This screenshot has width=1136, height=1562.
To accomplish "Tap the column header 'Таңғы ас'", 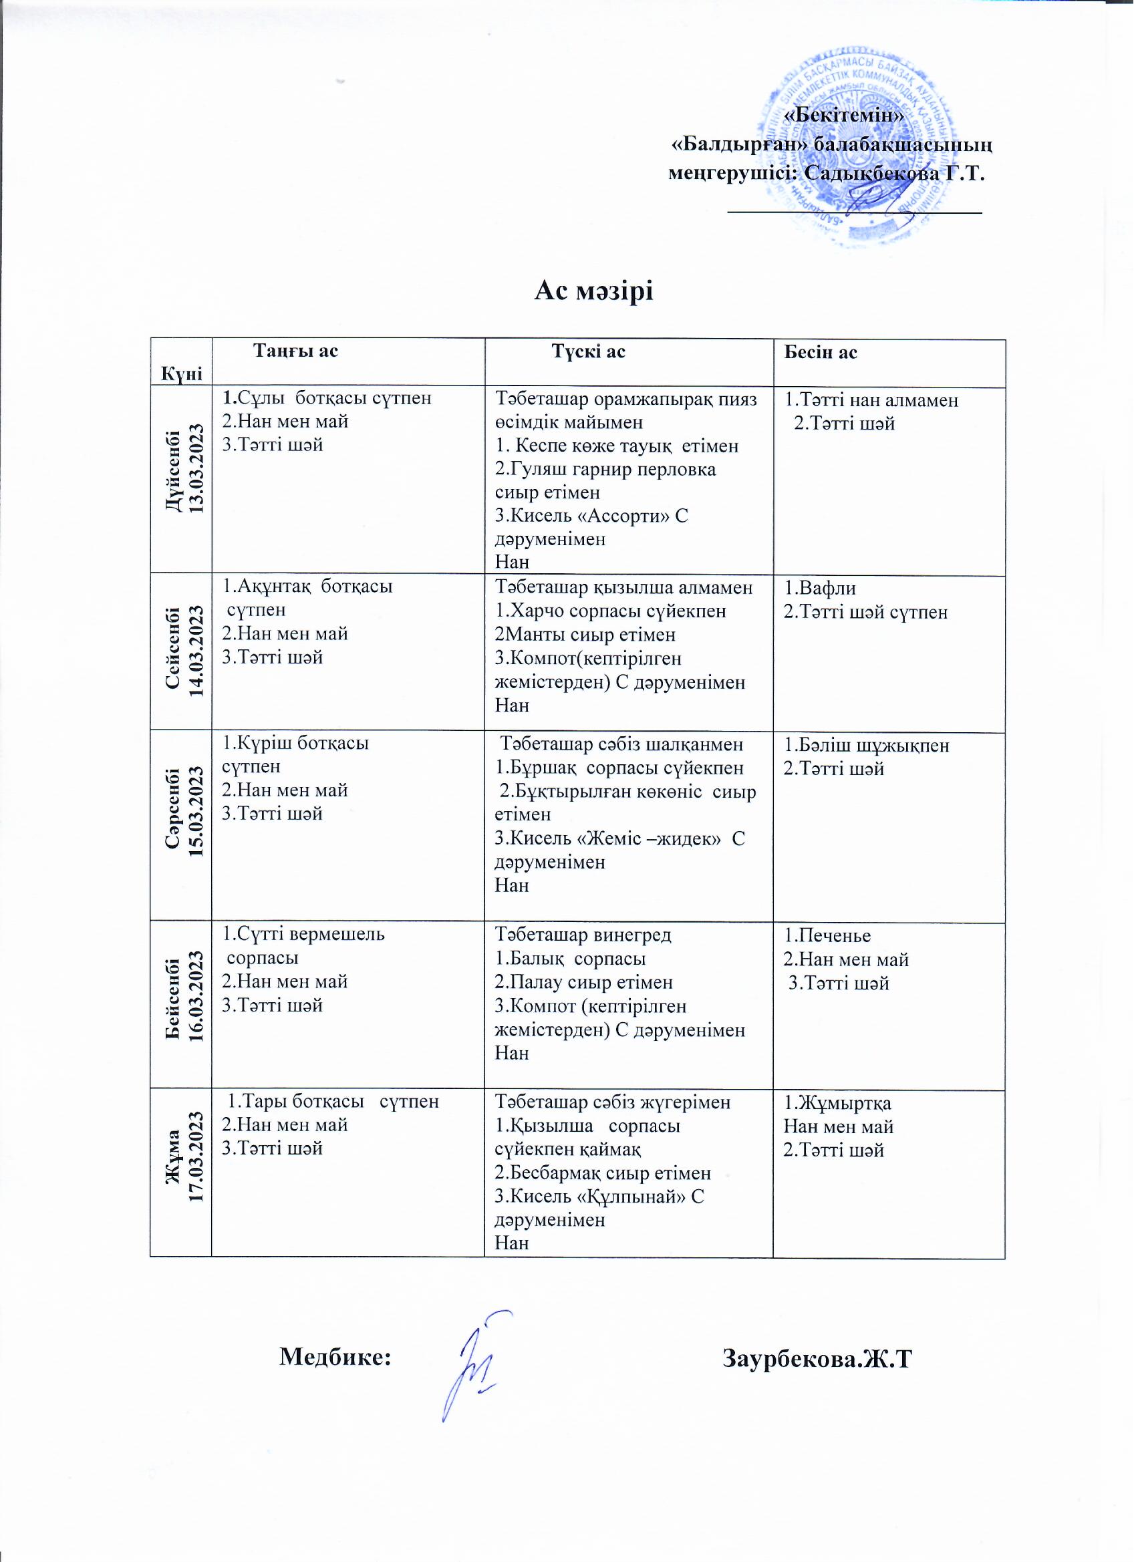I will click(x=296, y=351).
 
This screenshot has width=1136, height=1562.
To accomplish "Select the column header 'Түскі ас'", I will click(x=589, y=352).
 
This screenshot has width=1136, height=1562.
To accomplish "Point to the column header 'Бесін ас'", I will click(x=821, y=353).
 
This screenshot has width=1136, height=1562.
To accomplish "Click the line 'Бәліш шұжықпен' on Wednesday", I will click(x=867, y=746).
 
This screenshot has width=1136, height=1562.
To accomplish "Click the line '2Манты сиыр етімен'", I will click(x=585, y=635).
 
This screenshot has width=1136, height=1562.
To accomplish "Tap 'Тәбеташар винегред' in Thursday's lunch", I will click(x=583, y=935).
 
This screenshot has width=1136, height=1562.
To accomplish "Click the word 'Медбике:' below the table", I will click(x=335, y=1358).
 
